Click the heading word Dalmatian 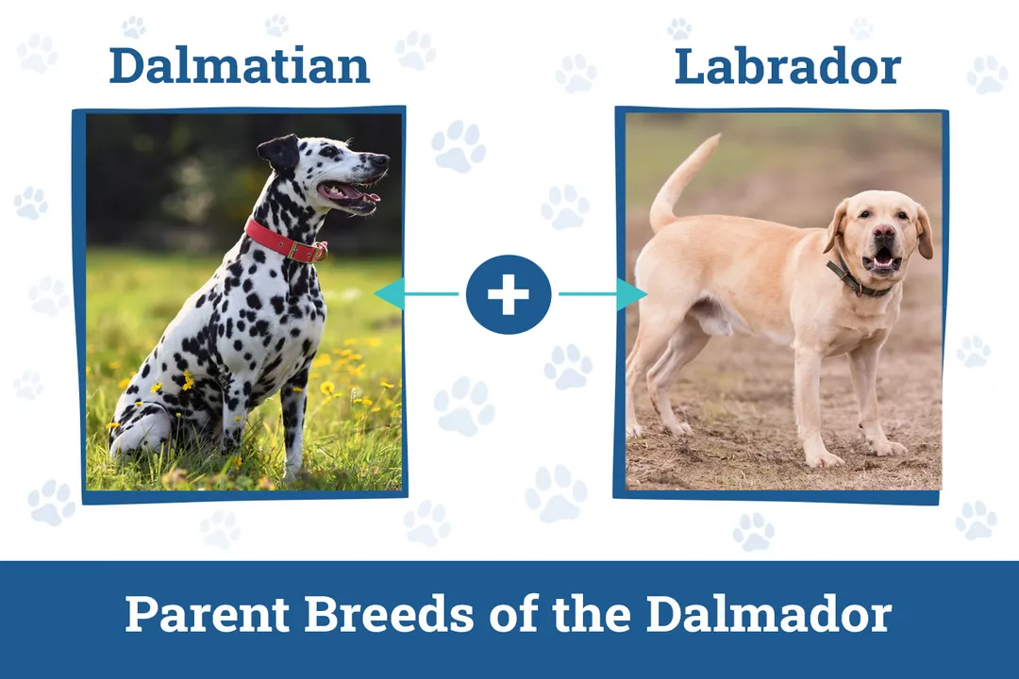coord(239,66)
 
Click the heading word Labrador coord(787,66)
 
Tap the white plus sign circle coord(509,294)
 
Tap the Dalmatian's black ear coord(281,151)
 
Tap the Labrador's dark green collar coord(853,281)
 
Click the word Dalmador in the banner coord(768,615)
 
